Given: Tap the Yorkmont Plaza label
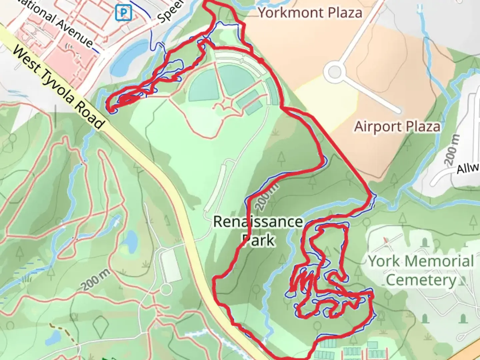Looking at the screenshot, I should tap(310, 13).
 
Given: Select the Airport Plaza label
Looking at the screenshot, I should tap(397, 127).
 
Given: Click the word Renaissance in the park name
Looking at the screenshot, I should tap(258, 222).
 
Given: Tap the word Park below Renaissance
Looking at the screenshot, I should tap(259, 240).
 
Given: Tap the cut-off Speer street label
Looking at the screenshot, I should tap(170, 12).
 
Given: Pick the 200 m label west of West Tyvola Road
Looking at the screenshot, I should tap(96, 280).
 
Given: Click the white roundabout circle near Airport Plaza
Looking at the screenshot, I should tap(334, 72).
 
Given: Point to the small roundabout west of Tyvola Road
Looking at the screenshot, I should tap(166, 289).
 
